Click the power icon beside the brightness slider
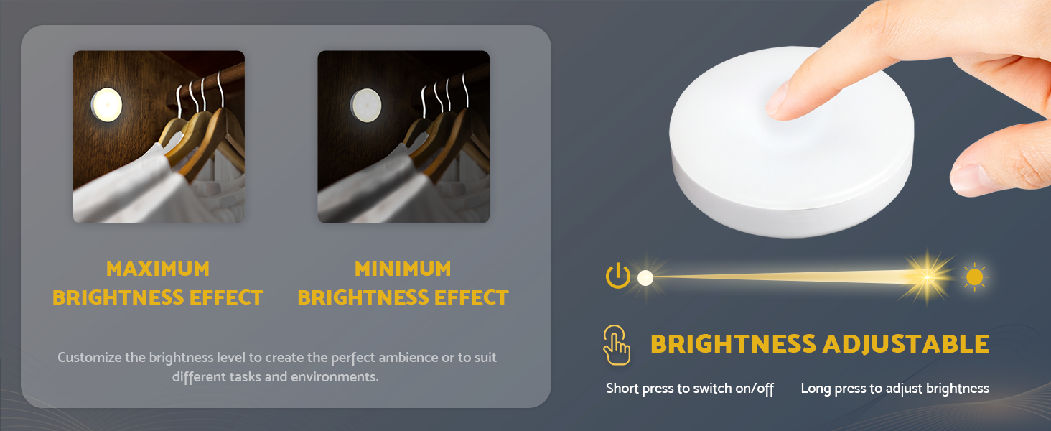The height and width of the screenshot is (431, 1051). point(617,277)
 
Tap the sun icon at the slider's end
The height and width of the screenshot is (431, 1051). point(974,277)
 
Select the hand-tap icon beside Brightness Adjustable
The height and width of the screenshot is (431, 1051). point(617,345)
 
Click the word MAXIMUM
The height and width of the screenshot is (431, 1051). point(158,269)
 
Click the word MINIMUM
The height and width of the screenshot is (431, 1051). point(403,269)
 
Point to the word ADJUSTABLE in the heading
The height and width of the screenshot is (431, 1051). point(905,344)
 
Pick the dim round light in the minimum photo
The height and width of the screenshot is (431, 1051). point(365,106)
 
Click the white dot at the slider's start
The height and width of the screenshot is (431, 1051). point(645,278)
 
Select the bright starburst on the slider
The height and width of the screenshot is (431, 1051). point(927,277)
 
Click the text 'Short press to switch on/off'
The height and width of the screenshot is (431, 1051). point(690,389)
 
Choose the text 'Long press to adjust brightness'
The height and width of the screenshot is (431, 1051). point(894,389)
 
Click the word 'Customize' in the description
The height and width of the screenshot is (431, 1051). point(89,357)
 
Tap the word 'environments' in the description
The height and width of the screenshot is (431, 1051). point(334,376)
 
